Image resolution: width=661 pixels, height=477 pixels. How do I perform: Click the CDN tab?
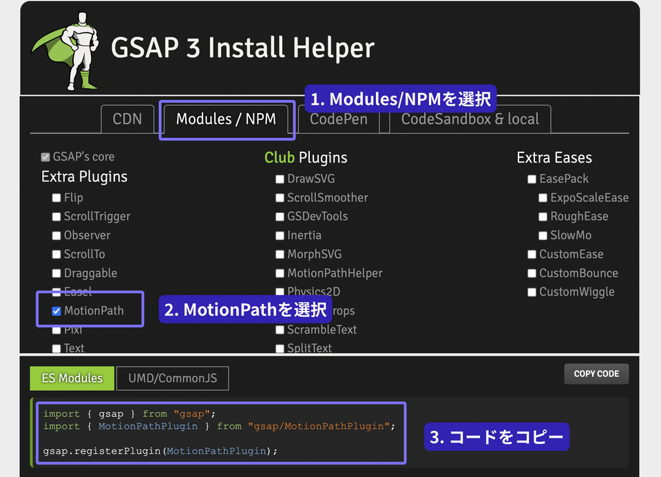(x=127, y=119)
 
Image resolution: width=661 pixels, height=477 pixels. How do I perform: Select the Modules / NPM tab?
(x=226, y=119)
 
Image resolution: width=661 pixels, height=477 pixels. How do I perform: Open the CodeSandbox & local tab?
(x=470, y=119)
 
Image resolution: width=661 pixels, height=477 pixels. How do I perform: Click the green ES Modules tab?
(x=72, y=378)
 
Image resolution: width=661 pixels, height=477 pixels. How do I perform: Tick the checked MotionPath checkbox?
(x=56, y=311)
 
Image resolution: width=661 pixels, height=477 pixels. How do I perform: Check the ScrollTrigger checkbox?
(x=56, y=216)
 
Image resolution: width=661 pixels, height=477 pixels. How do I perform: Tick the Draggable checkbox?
(x=56, y=274)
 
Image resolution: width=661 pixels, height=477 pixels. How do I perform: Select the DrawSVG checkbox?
(x=280, y=179)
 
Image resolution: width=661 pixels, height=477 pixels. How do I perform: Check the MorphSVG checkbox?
(x=280, y=254)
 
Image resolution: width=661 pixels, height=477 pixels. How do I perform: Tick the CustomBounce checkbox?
(x=532, y=274)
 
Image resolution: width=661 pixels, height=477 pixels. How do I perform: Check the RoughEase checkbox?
(x=543, y=216)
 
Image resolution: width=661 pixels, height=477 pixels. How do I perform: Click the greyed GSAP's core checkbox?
(x=45, y=157)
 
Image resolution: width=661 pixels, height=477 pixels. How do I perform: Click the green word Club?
(x=280, y=158)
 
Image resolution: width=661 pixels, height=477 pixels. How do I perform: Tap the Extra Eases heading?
(x=554, y=158)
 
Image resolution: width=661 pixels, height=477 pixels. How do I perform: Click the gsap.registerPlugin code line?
(x=160, y=451)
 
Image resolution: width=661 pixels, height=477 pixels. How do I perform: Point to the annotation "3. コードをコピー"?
(x=496, y=436)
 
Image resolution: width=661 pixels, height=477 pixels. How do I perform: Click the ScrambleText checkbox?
(x=280, y=330)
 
